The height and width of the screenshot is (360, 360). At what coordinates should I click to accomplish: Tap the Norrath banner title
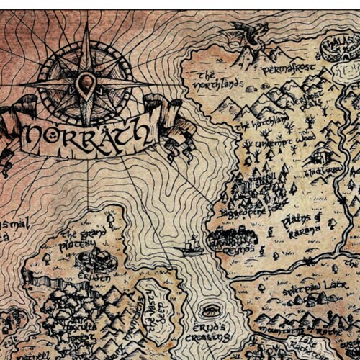(x=89, y=135)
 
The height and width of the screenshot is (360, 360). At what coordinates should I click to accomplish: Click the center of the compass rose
(x=86, y=84)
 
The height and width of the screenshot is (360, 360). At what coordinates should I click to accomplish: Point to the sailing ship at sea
(x=191, y=247)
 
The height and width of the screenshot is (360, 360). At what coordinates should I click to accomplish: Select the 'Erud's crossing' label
(x=211, y=330)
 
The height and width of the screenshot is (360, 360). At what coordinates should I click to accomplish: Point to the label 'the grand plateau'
(x=79, y=240)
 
